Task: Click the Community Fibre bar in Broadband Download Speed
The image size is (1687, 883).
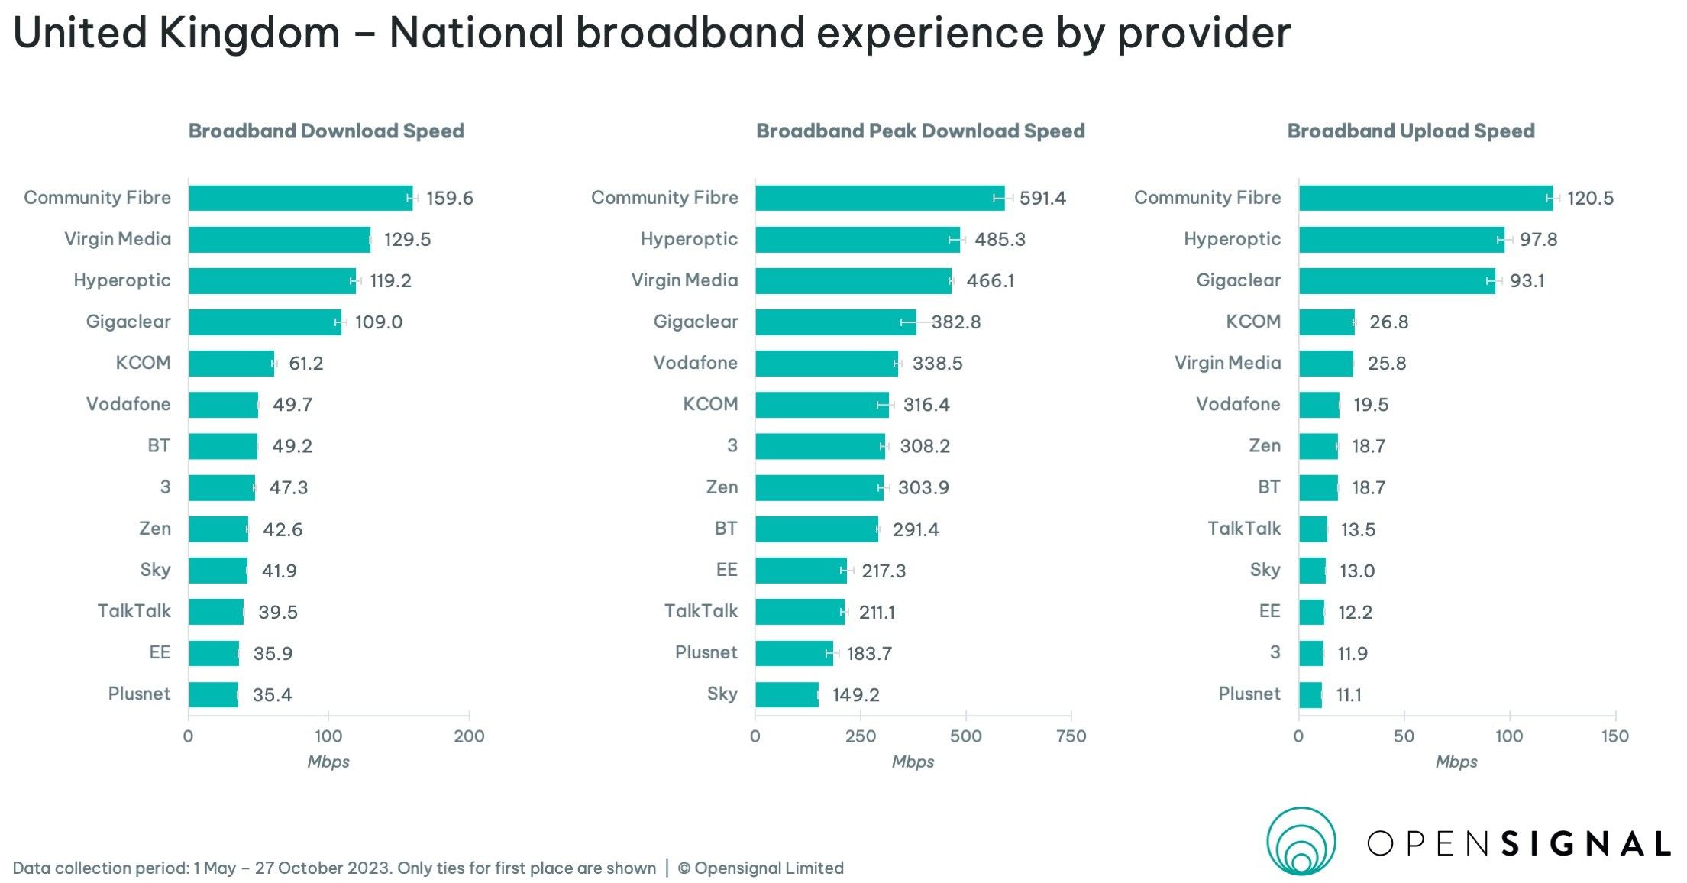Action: pyautogui.click(x=300, y=198)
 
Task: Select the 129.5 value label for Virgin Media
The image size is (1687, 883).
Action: pyautogui.click(x=407, y=240)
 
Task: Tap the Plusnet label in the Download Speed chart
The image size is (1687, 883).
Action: pyautogui.click(x=139, y=694)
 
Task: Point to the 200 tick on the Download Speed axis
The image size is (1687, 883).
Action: pyautogui.click(x=468, y=736)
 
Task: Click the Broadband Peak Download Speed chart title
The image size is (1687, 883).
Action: pyautogui.click(x=919, y=131)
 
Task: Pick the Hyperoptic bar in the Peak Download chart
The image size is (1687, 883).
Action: pyautogui.click(x=857, y=239)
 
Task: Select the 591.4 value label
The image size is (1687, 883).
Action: pyautogui.click(x=1042, y=199)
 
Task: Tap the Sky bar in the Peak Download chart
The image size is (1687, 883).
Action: pyautogui.click(x=787, y=694)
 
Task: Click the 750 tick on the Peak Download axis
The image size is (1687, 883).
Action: pyautogui.click(x=1071, y=736)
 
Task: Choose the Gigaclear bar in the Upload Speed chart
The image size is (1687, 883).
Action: pyautogui.click(x=1396, y=280)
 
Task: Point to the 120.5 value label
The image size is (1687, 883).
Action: pyautogui.click(x=1590, y=199)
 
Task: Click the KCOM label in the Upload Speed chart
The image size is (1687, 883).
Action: pyautogui.click(x=1252, y=322)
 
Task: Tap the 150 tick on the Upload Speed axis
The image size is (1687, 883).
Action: pyautogui.click(x=1614, y=736)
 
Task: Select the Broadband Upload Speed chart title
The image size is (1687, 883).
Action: pyautogui.click(x=1411, y=131)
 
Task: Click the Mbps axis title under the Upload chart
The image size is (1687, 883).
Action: pyautogui.click(x=1456, y=762)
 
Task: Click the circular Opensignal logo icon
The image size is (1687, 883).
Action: pyautogui.click(x=1301, y=841)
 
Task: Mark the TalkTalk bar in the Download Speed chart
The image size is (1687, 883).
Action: pyautogui.click(x=216, y=612)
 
